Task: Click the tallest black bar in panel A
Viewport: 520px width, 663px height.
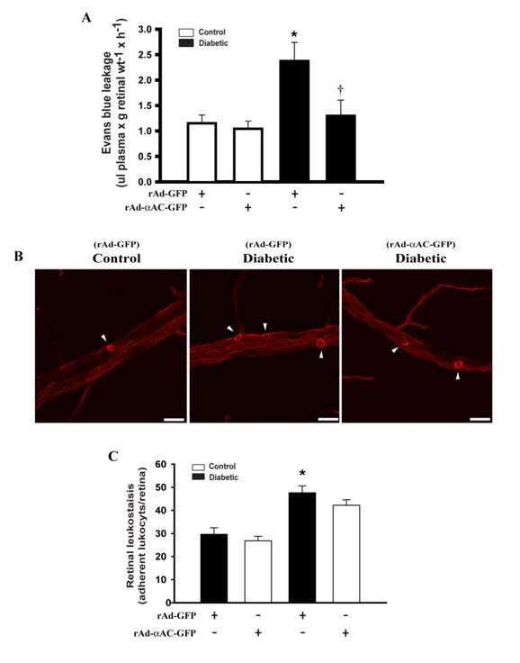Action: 294,121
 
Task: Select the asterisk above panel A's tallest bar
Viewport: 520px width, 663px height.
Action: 294,34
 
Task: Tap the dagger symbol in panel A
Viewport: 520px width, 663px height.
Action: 340,89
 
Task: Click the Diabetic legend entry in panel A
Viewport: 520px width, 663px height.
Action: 203,43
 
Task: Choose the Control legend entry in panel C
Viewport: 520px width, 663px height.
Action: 214,467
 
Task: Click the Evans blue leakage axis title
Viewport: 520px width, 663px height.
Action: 114,103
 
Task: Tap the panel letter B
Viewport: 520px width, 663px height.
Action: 18,257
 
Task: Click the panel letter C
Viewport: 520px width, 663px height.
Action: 112,457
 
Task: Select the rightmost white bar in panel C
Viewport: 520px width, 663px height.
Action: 346,553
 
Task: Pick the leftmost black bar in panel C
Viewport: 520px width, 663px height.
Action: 214,568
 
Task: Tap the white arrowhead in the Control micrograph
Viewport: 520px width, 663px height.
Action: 104,338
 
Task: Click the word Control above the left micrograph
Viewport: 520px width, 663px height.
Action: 117,259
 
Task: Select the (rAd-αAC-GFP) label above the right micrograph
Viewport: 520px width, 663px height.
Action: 421,244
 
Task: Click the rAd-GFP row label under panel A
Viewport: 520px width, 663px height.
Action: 167,194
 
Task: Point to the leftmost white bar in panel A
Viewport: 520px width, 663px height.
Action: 202,152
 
